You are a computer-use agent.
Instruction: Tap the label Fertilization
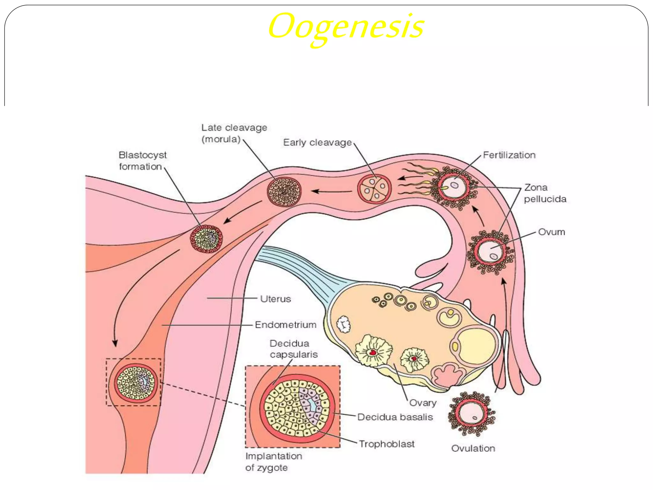coord(509,155)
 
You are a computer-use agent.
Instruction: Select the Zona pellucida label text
coord(545,193)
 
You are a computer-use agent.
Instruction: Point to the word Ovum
coord(551,232)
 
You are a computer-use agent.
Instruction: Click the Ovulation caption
coord(473,448)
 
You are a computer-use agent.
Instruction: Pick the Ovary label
coord(422,403)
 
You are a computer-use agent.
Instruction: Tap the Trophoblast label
coord(386,444)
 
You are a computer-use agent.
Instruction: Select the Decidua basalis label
coord(395,417)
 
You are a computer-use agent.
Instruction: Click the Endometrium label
coord(285,325)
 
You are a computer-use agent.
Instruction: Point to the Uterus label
coord(275,299)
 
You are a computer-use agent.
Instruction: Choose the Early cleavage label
coord(317,142)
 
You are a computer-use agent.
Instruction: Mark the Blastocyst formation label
coord(142,161)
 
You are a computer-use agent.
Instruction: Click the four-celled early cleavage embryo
coord(374,189)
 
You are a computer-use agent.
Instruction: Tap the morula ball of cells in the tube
coord(284,191)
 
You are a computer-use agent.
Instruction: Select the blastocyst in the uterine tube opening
coord(206,239)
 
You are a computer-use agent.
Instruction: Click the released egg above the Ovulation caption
coord(472,414)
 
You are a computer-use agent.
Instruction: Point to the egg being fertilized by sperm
coord(454,187)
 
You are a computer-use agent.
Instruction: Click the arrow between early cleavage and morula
coord(332,191)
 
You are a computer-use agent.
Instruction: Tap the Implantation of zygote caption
coord(273,462)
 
